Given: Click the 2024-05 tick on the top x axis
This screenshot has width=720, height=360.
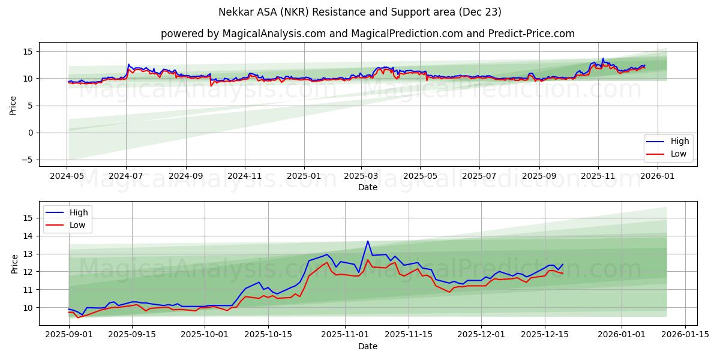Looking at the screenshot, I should point(67,176).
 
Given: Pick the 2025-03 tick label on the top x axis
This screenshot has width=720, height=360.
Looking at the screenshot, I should point(361,176).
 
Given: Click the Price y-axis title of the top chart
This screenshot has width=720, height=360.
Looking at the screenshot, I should point(13,105).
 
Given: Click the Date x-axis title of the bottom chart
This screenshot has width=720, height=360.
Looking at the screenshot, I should point(367,346).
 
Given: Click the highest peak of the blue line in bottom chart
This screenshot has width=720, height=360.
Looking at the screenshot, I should point(368,241).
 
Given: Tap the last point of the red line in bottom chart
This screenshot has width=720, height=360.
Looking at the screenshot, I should point(563,274).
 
